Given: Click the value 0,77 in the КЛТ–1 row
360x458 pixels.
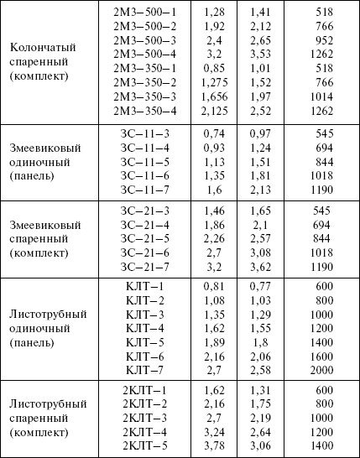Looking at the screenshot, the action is click(262, 286).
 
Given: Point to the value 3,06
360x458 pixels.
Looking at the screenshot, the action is click(262, 445).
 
